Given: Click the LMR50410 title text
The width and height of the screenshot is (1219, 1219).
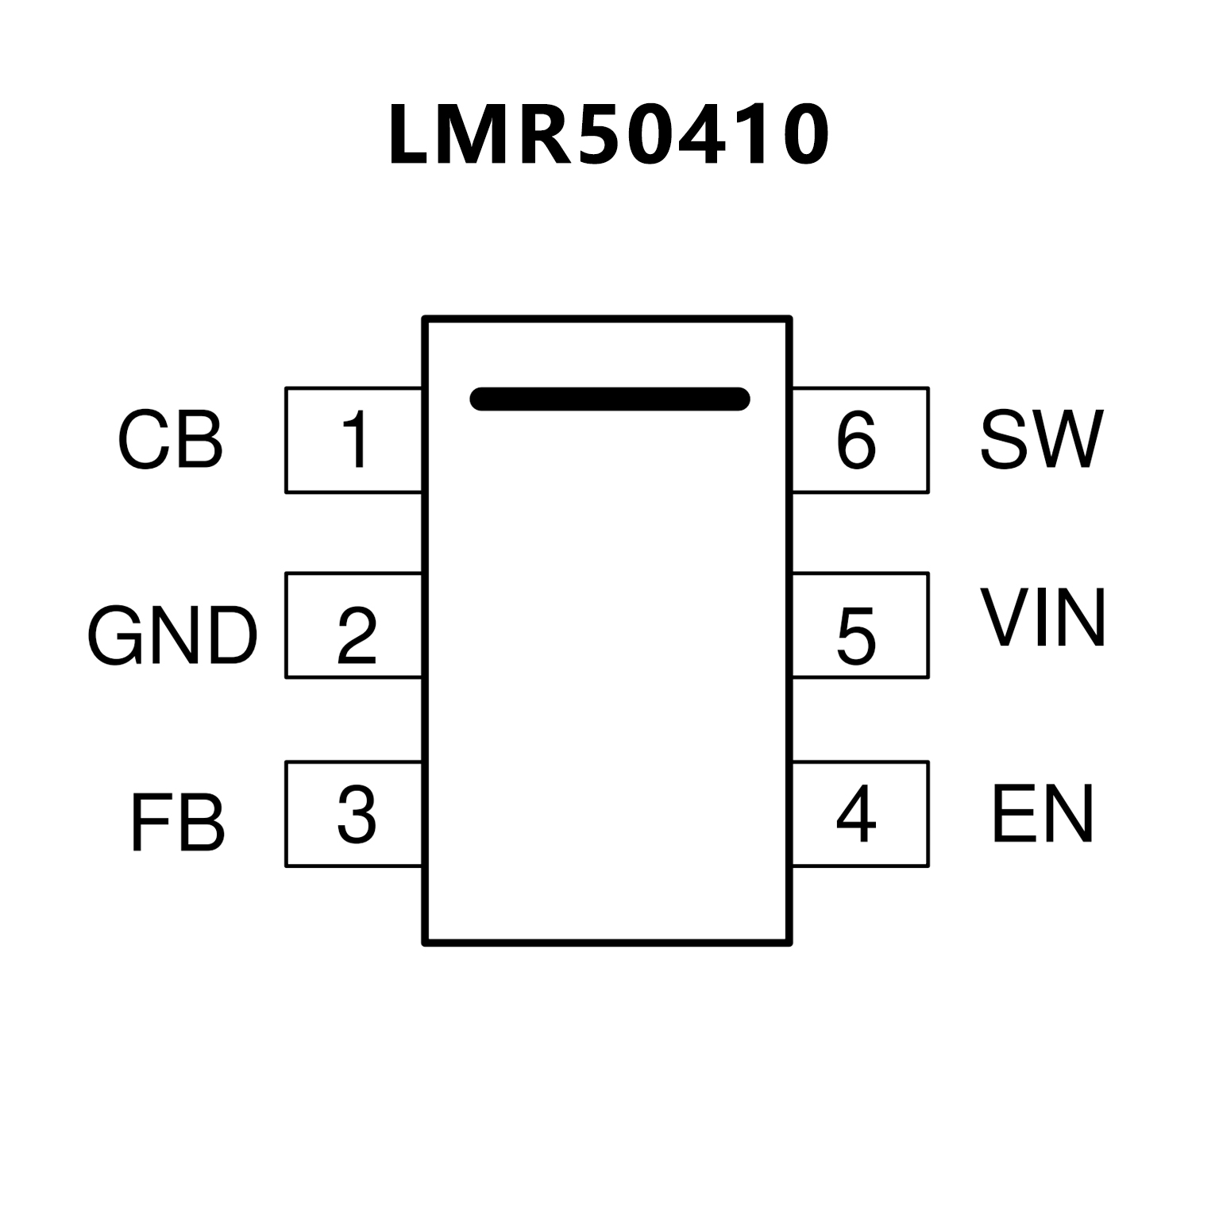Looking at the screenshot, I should coord(609,135).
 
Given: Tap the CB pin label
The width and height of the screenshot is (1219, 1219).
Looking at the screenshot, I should coord(170,440).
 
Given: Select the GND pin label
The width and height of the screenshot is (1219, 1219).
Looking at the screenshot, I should coord(172,635).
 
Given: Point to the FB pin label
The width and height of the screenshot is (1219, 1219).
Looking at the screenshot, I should coord(177,824).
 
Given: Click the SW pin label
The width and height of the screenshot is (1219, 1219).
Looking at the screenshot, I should coord(1042,440).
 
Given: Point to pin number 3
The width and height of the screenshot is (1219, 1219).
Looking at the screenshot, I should coord(357,815).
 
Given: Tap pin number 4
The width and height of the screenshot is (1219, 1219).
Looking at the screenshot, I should coord(856,815).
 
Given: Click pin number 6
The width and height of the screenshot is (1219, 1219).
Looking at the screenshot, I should coord(856,440).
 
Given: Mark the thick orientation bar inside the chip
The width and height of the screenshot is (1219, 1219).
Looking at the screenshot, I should coord(609,399).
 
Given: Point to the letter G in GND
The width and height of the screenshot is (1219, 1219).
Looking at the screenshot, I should coord(115,635).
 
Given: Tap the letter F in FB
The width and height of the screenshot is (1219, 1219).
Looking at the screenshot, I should coord(146,824).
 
